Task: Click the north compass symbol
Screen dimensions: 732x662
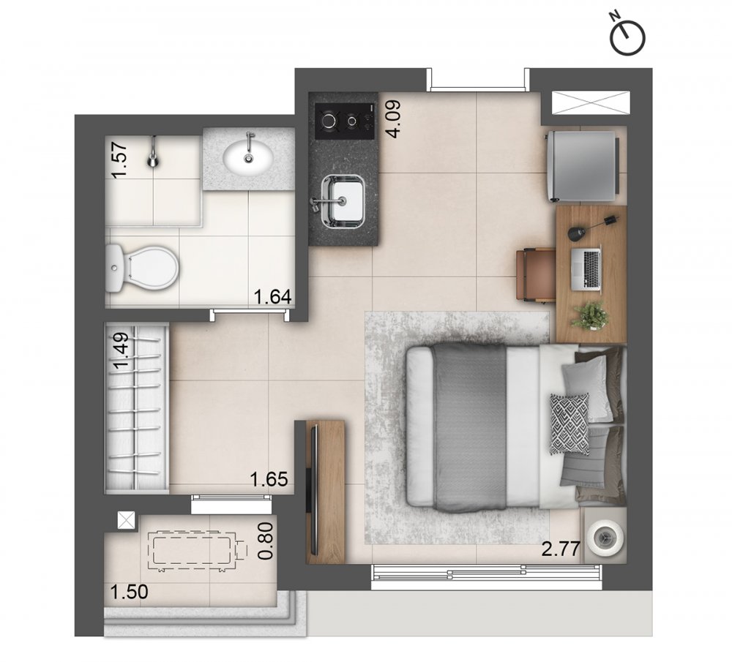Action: [628, 36]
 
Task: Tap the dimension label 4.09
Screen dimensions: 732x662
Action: [392, 119]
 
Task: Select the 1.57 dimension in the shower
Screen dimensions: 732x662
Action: [119, 159]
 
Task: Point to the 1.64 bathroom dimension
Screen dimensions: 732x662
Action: [272, 297]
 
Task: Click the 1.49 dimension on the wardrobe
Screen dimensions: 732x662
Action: [122, 350]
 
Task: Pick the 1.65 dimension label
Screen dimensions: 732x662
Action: [269, 479]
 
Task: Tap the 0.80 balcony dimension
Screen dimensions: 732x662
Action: [266, 541]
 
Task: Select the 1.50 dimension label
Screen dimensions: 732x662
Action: [129, 592]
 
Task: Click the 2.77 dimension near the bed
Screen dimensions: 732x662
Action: [561, 549]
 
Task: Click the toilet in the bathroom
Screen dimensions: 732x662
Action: [142, 268]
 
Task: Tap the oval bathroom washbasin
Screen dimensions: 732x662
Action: [248, 158]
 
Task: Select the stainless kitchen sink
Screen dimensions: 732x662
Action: [343, 201]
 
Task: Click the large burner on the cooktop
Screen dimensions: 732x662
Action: [329, 121]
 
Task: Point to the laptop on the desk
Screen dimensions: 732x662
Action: [586, 269]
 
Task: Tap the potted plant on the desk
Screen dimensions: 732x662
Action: [590, 316]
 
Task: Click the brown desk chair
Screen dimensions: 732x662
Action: [537, 275]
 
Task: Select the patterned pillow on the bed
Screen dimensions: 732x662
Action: [569, 424]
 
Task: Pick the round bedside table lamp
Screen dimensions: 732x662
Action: [605, 538]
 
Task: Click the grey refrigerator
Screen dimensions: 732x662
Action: [583, 166]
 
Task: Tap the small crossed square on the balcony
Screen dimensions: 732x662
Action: [126, 520]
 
